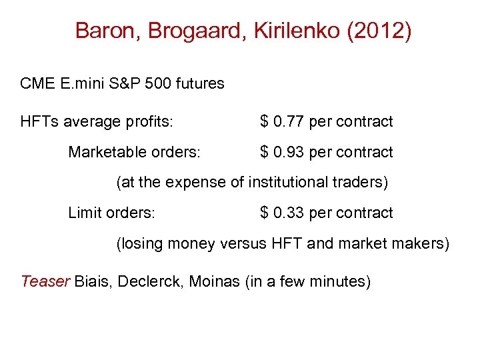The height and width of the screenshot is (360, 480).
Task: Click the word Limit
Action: click(x=84, y=213)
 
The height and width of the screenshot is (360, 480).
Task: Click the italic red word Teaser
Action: click(x=45, y=281)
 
